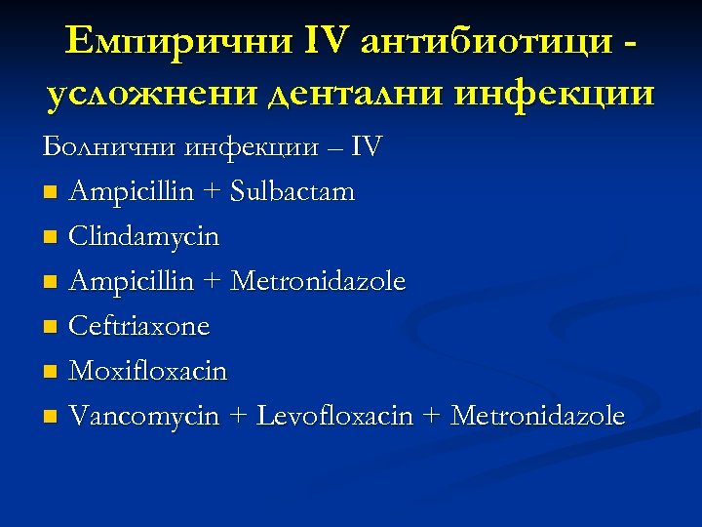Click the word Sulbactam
point(293,192)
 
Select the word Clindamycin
point(143,237)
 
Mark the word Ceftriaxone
point(138,326)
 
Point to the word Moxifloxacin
point(147,371)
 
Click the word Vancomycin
point(144,416)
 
